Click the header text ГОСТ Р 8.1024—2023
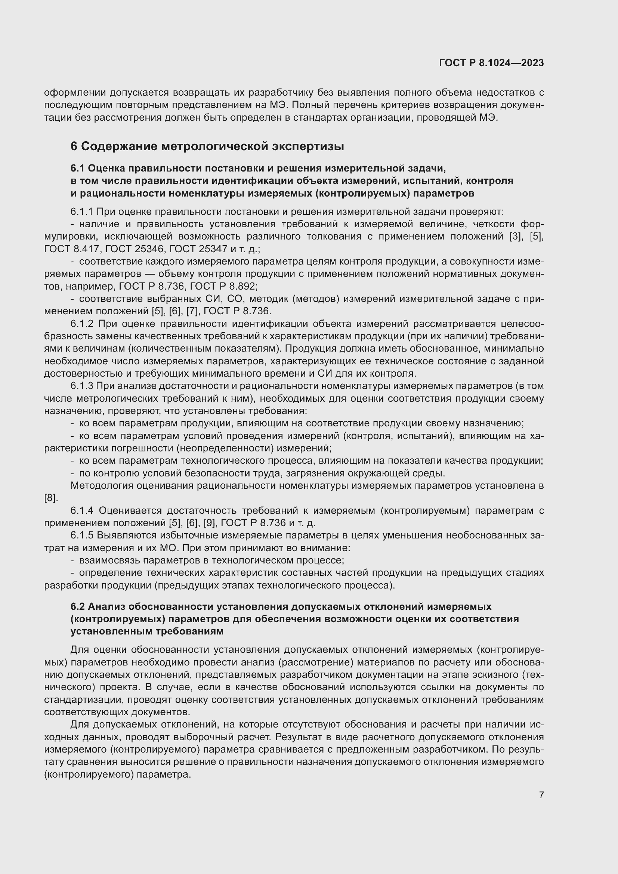pyautogui.click(x=491, y=63)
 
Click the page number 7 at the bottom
pyautogui.click(x=541, y=795)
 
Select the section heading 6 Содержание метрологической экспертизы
pyautogui.click(x=207, y=146)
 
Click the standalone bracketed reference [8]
pyautogui.click(x=50, y=498)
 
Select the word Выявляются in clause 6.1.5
pyautogui.click(x=121, y=535)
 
